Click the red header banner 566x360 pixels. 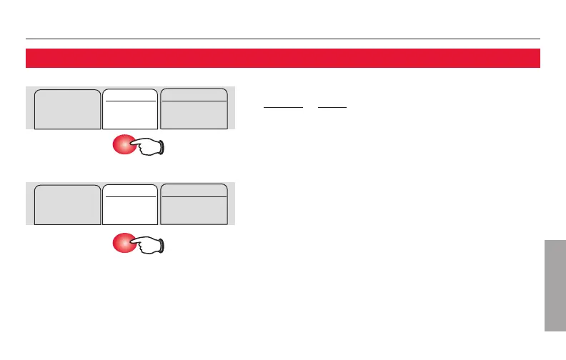282,58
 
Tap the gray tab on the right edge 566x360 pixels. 555,286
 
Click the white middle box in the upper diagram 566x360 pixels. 130,110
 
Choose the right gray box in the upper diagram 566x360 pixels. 194,109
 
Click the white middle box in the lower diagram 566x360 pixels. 130,206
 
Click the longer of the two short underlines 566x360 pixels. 284,108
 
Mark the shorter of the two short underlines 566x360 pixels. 332,108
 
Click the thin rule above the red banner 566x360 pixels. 282,39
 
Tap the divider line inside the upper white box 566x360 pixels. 130,101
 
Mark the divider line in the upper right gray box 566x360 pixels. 194,101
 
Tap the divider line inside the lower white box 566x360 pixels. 130,196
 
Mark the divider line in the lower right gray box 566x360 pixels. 194,196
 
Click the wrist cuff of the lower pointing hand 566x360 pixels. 164,244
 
